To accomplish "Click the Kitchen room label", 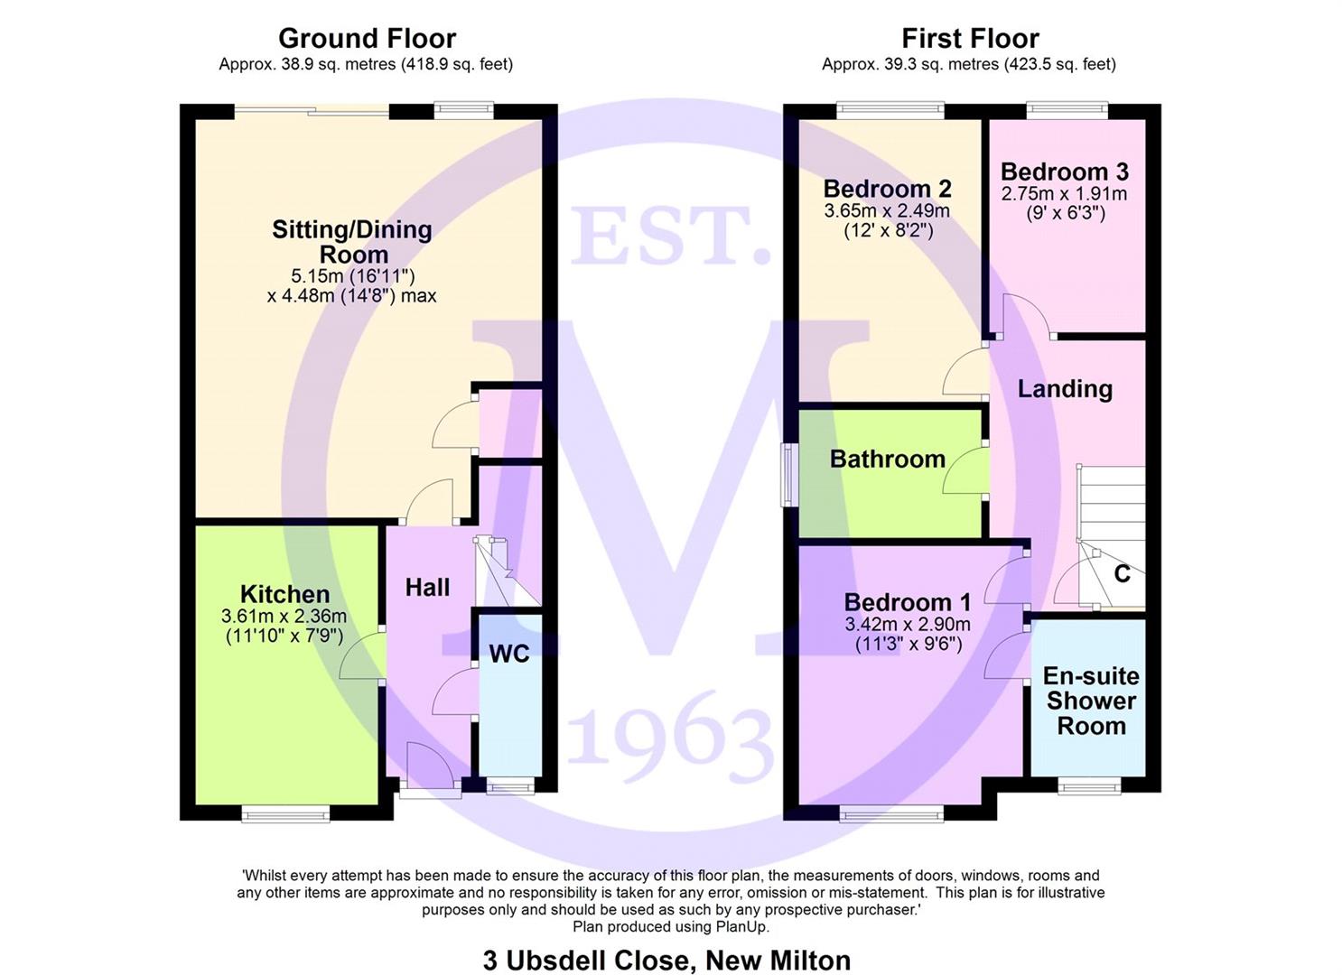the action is [x=285, y=594].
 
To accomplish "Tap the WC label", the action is [x=509, y=654].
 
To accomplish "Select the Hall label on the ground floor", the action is [x=427, y=588].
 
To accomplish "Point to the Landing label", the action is [x=1066, y=389].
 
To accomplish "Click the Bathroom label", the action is [x=887, y=460].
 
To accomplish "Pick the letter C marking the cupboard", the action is [x=1123, y=574].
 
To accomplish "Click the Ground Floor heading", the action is [x=368, y=39].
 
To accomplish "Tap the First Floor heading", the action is [x=971, y=39].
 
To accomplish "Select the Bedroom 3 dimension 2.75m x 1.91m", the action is [x=1065, y=194].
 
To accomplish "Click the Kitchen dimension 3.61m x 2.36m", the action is [x=284, y=616].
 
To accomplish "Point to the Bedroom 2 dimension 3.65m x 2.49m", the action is [x=887, y=211].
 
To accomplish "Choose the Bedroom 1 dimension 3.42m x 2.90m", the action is [x=908, y=625].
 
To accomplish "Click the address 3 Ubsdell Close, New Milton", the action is [x=666, y=960].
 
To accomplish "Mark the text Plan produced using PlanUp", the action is [x=671, y=927].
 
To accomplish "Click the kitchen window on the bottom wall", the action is [x=285, y=814].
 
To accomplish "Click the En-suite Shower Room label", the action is [x=1091, y=701].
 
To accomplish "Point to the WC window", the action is [x=509, y=786].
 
